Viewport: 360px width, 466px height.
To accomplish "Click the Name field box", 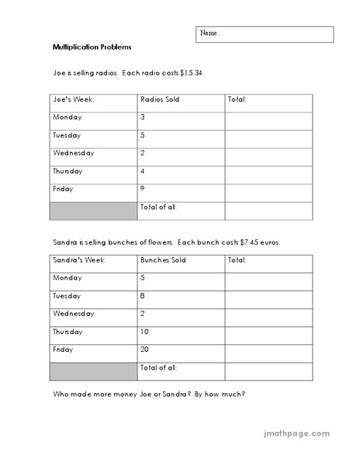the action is [x=264, y=34].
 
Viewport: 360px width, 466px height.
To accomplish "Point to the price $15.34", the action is [x=198, y=72].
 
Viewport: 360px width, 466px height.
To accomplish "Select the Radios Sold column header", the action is [x=159, y=99].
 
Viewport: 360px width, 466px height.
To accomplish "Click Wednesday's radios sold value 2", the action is [x=143, y=153].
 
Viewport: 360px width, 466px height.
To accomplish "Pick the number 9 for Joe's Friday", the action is [x=143, y=189].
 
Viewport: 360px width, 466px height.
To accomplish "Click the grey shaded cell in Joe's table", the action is [x=92, y=210].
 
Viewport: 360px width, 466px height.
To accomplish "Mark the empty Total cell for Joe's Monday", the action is [x=268, y=118].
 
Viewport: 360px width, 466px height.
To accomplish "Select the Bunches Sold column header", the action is [x=163, y=261].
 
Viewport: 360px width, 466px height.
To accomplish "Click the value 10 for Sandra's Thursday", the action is [x=144, y=332].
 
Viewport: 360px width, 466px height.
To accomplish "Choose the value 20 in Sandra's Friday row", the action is [x=145, y=349].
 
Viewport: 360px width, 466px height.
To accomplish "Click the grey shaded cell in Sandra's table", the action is [x=92, y=371].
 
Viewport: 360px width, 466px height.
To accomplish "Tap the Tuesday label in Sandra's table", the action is [x=67, y=296].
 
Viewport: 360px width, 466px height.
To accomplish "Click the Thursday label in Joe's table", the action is [x=68, y=171].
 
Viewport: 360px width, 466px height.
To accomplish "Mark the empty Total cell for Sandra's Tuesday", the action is [x=268, y=297].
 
